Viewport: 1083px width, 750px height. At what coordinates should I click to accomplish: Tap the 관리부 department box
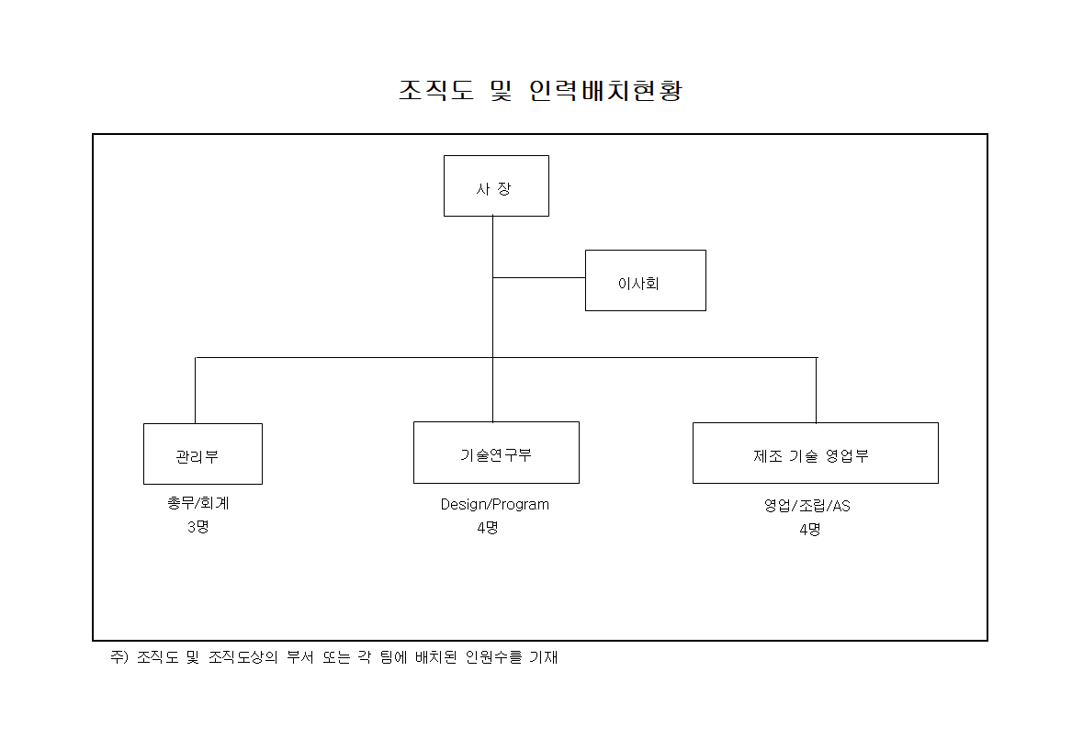[x=203, y=453]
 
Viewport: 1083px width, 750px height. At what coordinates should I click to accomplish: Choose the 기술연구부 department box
[x=496, y=453]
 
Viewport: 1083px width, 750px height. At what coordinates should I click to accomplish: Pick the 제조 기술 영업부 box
[x=815, y=453]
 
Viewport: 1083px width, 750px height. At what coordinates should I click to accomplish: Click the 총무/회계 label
[x=197, y=504]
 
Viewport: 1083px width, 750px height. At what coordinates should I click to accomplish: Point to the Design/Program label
[x=494, y=504]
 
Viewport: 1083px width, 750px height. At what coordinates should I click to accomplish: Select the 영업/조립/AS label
[x=807, y=506]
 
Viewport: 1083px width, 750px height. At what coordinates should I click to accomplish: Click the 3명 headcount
[x=197, y=527]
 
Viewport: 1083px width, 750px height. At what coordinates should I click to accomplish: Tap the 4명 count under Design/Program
[x=488, y=528]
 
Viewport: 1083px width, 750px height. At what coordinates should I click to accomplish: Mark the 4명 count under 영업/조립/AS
[x=809, y=529]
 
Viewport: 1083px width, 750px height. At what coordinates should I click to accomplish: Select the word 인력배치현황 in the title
[x=606, y=91]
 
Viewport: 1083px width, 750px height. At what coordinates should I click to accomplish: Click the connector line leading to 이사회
[x=539, y=277]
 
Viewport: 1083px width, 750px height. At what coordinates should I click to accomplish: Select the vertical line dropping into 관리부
[x=196, y=390]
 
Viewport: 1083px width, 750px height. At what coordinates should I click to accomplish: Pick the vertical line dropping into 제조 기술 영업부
[x=816, y=390]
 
